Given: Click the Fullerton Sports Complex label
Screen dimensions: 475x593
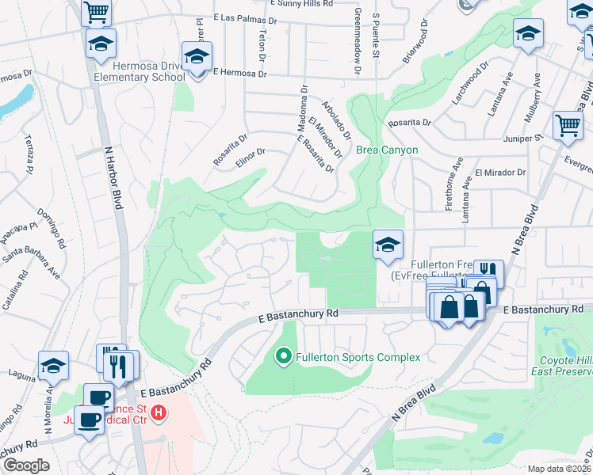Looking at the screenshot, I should (358, 357).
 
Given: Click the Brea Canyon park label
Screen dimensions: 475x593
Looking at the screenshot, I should (386, 150).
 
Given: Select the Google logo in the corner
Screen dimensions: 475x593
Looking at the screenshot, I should (25, 465).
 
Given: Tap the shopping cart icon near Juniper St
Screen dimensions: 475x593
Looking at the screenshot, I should (568, 125).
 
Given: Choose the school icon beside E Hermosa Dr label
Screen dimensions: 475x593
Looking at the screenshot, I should (196, 57).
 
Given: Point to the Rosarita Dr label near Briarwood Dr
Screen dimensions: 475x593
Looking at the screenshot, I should (410, 123).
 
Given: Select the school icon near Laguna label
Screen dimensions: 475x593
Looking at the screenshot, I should (54, 367).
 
